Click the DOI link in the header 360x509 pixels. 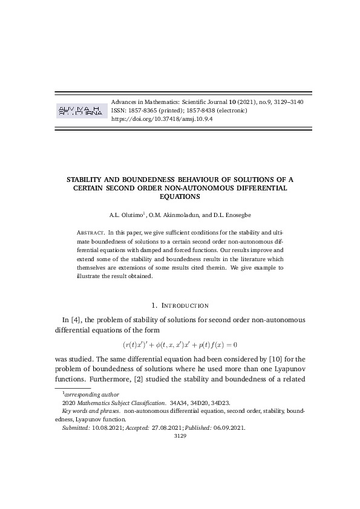(x=162, y=119)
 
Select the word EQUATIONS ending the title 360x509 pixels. (x=180, y=196)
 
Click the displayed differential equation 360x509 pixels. (x=179, y=345)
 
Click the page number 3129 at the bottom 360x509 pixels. (x=180, y=435)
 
